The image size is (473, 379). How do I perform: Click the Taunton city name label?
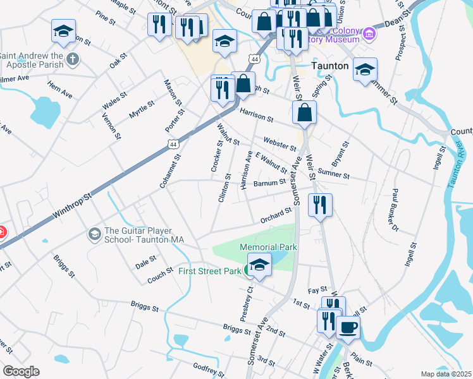pyautogui.click(x=331, y=65)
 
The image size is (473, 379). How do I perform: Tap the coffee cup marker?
pyautogui.click(x=348, y=327)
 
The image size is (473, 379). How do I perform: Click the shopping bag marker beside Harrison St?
pyautogui.click(x=304, y=112)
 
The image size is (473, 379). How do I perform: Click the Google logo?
pyautogui.click(x=21, y=371)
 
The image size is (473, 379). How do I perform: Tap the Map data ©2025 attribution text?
pyautogui.click(x=446, y=374)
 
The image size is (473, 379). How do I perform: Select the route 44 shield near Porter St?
pyautogui.click(x=173, y=145)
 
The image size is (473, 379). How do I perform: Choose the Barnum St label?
pyautogui.click(x=270, y=183)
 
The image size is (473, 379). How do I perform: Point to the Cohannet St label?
pyautogui.click(x=171, y=171)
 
